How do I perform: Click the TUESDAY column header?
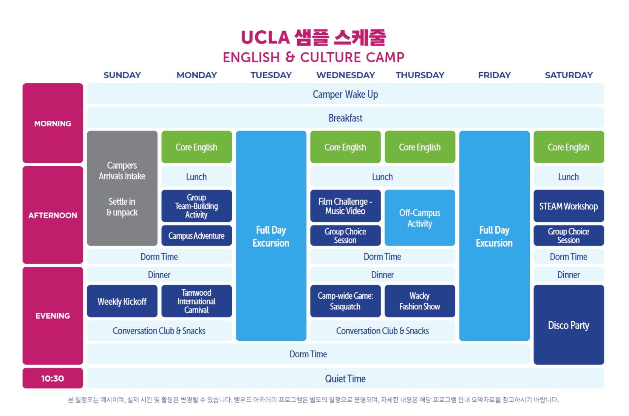point(271,75)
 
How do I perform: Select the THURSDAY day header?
point(420,75)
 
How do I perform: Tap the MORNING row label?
point(53,123)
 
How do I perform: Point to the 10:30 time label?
point(53,378)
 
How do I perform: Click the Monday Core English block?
point(196,147)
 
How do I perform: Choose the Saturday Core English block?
point(568,147)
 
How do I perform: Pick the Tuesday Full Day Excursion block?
point(271,236)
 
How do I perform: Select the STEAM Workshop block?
point(568,206)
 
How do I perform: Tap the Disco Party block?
point(568,325)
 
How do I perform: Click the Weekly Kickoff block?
point(122,301)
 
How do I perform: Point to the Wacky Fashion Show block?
point(420,301)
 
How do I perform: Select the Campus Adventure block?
point(196,236)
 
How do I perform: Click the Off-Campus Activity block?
point(420,218)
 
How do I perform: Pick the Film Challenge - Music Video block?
point(345,206)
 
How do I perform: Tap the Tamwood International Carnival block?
point(196,301)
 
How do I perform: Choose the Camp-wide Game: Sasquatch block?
point(345,301)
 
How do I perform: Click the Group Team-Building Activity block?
point(196,206)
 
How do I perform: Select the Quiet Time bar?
point(345,378)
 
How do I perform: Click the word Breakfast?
point(345,118)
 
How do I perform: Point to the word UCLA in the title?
point(265,37)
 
